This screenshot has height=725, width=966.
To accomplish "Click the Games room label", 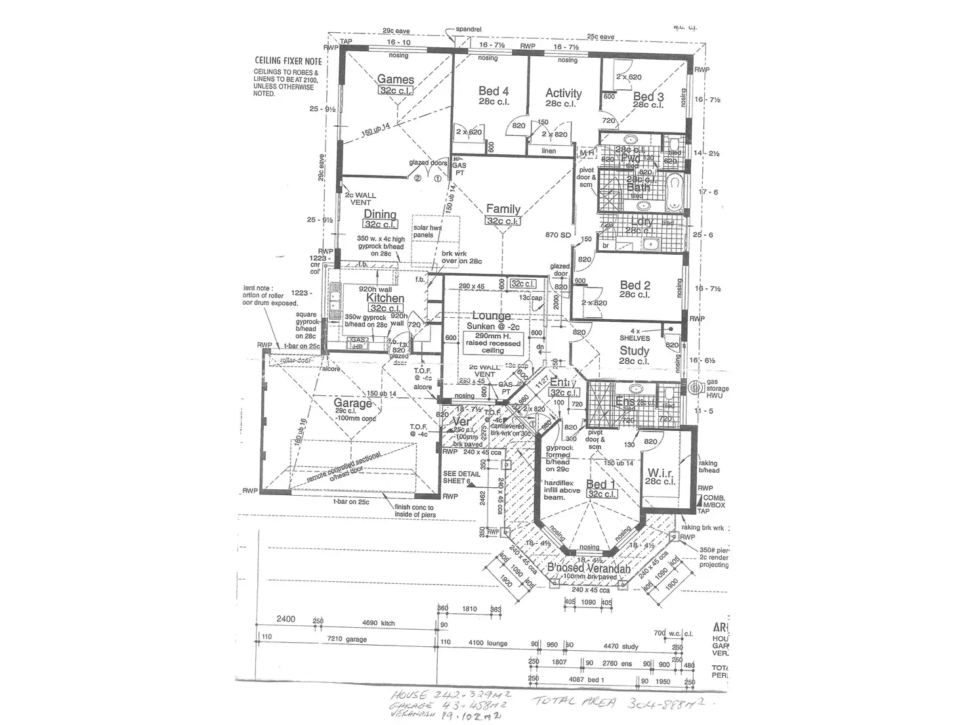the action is coord(395,79).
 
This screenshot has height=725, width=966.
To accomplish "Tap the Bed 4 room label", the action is coord(493,91).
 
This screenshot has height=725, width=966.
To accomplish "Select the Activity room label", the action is coord(563,93).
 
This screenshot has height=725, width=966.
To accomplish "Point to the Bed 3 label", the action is coord(648,97).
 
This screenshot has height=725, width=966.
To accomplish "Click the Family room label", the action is coord(503,209).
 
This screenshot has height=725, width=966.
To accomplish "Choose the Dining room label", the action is coord(380,214).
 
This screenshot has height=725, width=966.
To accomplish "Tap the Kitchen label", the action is coord(385,298).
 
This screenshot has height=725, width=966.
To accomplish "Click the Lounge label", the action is coord(491,317).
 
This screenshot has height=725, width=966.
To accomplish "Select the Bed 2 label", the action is coord(635,285).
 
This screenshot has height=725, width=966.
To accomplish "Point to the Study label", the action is coord(634,351).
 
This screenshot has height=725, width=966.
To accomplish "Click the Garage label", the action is coord(352,403).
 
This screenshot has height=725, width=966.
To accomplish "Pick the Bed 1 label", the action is coord(596,485).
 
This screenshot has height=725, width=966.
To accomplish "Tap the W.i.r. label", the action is coord(661,473).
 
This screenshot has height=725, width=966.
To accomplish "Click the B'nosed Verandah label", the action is coord(589,569).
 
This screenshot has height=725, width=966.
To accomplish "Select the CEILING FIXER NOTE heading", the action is coord(289,61).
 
